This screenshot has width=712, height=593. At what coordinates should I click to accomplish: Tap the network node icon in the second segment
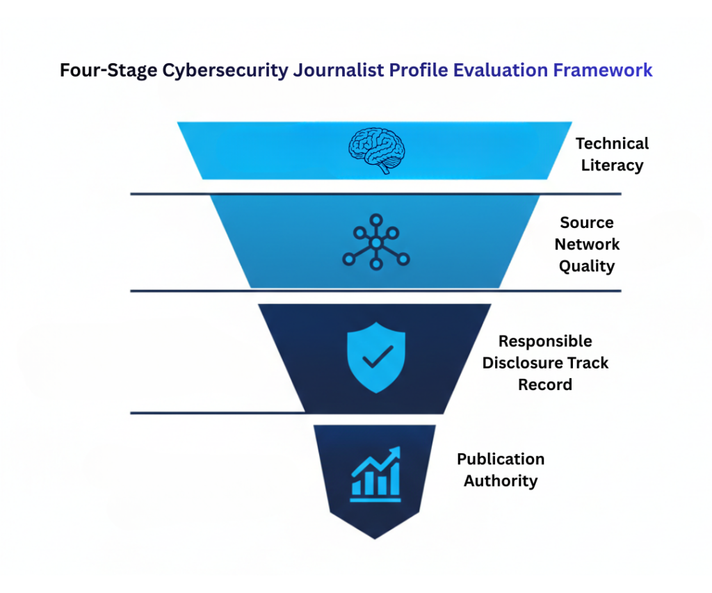click(x=375, y=242)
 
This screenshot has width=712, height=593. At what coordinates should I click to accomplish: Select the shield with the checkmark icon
click(x=375, y=357)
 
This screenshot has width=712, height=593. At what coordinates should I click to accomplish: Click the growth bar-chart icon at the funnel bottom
click(x=375, y=473)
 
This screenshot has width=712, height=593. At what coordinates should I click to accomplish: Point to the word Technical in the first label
click(x=612, y=143)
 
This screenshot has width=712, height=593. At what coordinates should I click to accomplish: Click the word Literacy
click(x=612, y=165)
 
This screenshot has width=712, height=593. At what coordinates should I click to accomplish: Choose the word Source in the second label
click(x=587, y=222)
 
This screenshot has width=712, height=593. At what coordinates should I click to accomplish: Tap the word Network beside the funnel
click(x=587, y=245)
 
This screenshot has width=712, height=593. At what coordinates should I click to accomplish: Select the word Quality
click(x=587, y=266)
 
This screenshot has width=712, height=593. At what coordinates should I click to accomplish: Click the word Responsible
click(x=545, y=341)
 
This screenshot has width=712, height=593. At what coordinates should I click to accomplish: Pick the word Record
click(x=545, y=384)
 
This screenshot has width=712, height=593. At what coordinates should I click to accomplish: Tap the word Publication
click(x=501, y=459)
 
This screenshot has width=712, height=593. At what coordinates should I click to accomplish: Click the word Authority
click(x=501, y=480)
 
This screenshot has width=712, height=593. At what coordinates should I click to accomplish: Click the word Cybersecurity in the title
click(x=221, y=70)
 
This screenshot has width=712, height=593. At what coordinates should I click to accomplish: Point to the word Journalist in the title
click(x=333, y=70)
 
